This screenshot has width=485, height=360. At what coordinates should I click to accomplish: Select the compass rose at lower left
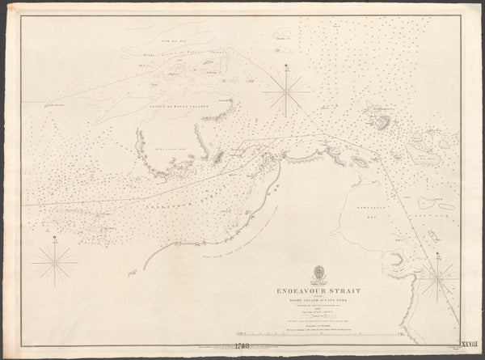[54, 264]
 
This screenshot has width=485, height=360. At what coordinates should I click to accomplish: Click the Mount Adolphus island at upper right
[382, 118]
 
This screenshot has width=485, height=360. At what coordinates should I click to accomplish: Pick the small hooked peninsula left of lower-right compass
[396, 260]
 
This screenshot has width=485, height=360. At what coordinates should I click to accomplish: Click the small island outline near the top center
[282, 35]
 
